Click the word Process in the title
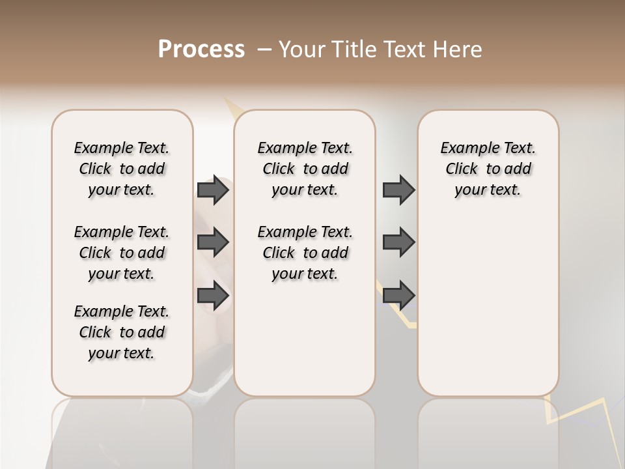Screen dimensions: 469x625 pyautogui.click(x=201, y=50)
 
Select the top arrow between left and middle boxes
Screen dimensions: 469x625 pyautogui.click(x=213, y=190)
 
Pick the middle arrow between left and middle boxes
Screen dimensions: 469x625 pyautogui.click(x=213, y=242)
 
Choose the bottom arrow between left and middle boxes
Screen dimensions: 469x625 pyautogui.click(x=213, y=295)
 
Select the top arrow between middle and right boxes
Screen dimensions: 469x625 pyautogui.click(x=398, y=190)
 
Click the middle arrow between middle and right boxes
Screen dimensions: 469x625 pyautogui.click(x=398, y=242)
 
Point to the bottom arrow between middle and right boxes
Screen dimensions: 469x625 pyautogui.click(x=398, y=295)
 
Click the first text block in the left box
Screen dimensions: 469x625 pyautogui.click(x=122, y=169)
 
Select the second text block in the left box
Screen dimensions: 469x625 pyautogui.click(x=122, y=253)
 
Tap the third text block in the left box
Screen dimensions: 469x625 pyautogui.click(x=122, y=332)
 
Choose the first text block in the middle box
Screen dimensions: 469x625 pyautogui.click(x=305, y=169)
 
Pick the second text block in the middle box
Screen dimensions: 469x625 pyautogui.click(x=305, y=253)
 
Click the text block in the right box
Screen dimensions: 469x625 pyautogui.click(x=488, y=169)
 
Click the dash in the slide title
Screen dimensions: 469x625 pyautogui.click(x=264, y=50)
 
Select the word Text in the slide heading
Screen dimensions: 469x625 pyautogui.click(x=404, y=50)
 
